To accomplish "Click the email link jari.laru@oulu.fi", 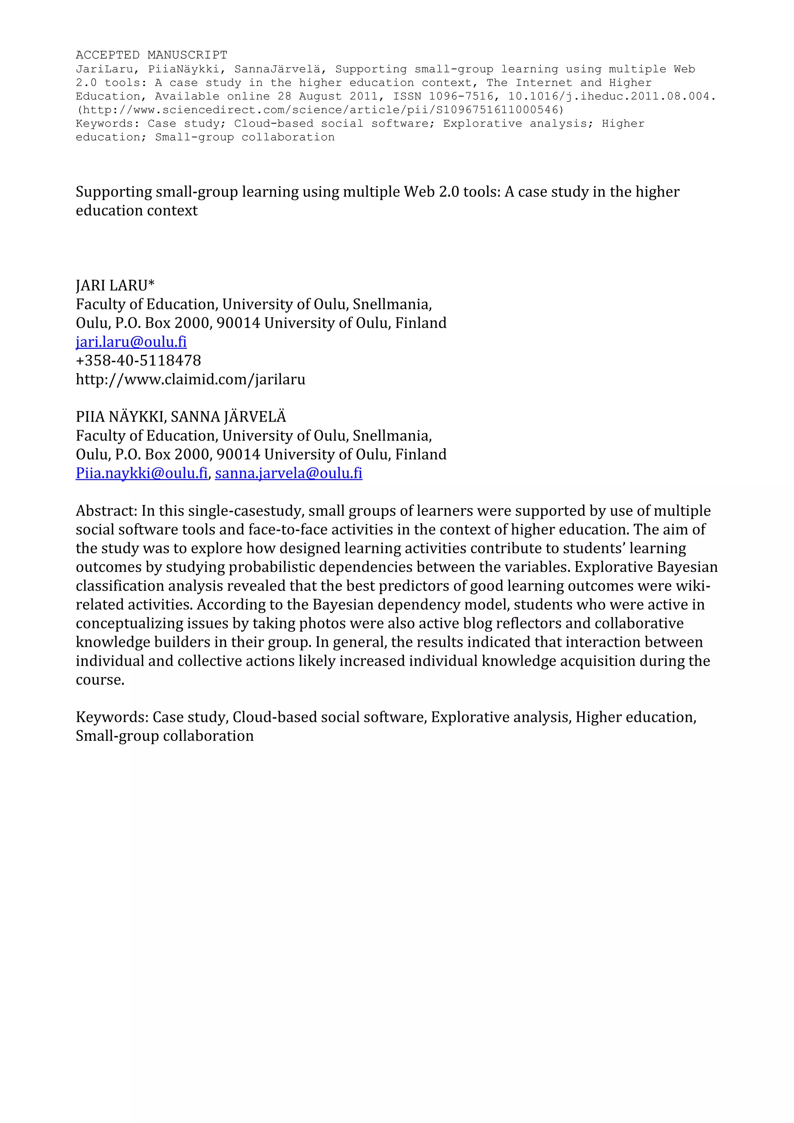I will pos(131,341).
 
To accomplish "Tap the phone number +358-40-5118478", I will pos(138,360).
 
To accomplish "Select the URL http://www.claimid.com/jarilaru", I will pos(190,379).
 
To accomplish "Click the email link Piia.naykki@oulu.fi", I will pos(142,473).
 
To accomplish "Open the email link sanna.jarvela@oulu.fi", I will pos(288,473).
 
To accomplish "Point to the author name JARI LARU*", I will pos(115,285).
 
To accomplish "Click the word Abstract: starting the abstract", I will pos(107,511).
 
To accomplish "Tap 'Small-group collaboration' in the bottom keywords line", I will pos(164,736).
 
